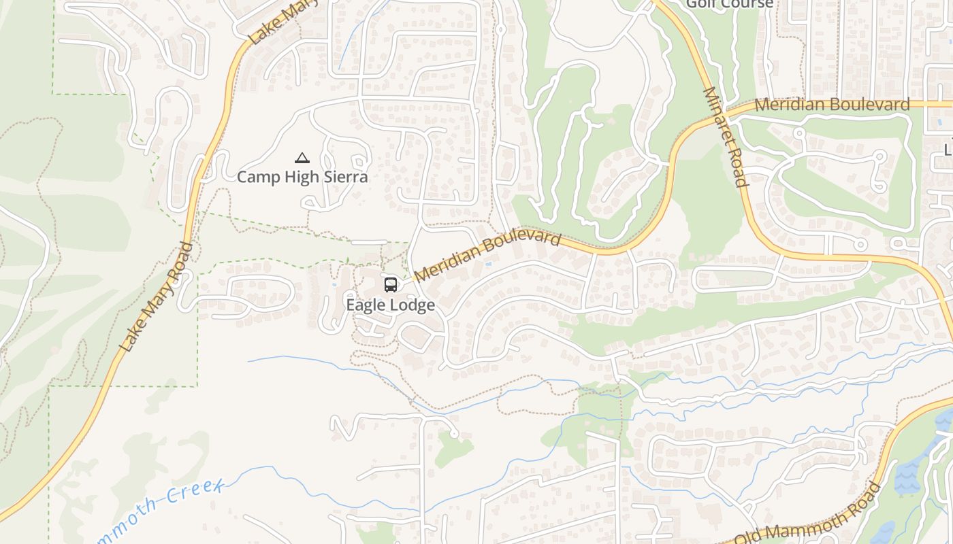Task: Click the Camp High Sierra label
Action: pos(302,177)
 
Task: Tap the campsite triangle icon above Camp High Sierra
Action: pos(302,158)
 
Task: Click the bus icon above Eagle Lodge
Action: pos(390,284)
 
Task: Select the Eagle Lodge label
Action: pos(390,305)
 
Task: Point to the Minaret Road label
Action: pos(725,136)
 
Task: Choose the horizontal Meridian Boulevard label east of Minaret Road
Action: pos(832,105)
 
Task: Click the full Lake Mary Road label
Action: pos(156,297)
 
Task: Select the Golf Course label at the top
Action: pos(729,4)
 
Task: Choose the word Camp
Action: pos(256,177)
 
